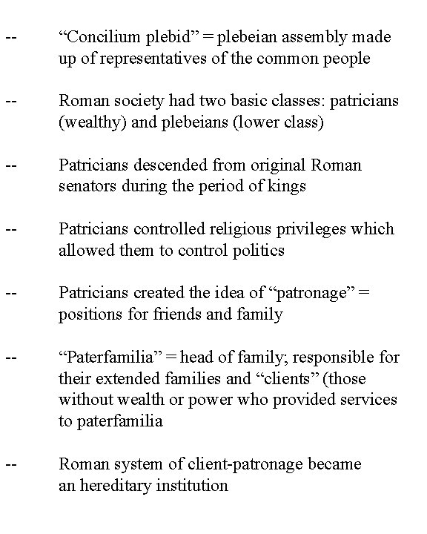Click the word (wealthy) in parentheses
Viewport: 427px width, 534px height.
pos(88,122)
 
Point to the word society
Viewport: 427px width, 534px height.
pos(128,101)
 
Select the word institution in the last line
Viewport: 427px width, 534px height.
pos(193,486)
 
